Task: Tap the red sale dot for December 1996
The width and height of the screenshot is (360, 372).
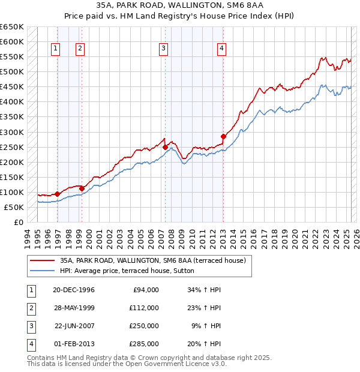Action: (57, 194)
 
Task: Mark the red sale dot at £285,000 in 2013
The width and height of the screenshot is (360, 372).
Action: (223, 136)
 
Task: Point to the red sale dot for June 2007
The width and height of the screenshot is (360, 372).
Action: (165, 146)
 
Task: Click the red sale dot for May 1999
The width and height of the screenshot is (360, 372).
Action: (82, 188)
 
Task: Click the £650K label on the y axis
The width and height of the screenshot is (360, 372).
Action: (11, 26)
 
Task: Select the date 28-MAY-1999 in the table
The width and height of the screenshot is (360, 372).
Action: (74, 308)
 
